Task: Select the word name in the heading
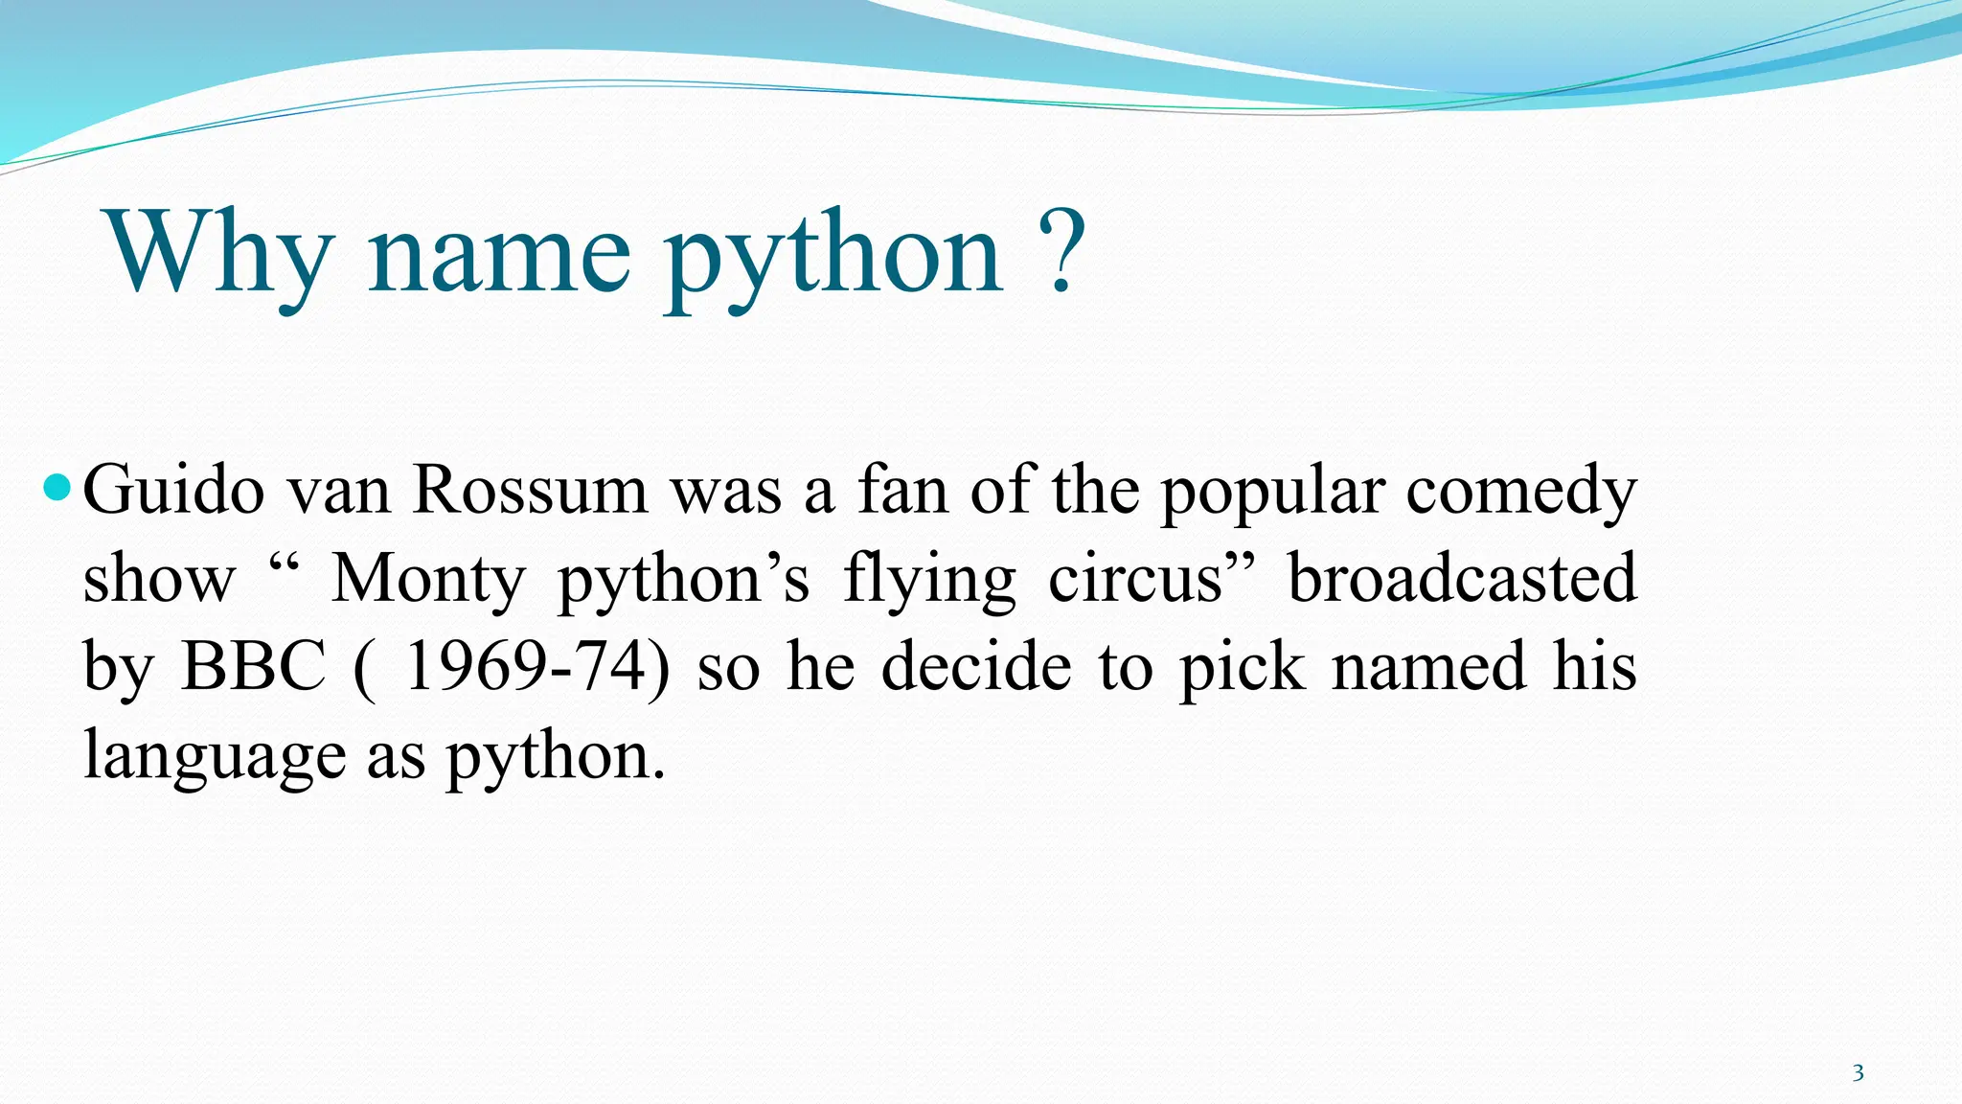point(499,253)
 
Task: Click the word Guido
point(173,490)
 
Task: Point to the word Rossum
point(531,490)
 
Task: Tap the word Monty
point(427,580)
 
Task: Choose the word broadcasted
point(1462,578)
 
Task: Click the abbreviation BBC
point(254,666)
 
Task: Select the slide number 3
point(1858,1072)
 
